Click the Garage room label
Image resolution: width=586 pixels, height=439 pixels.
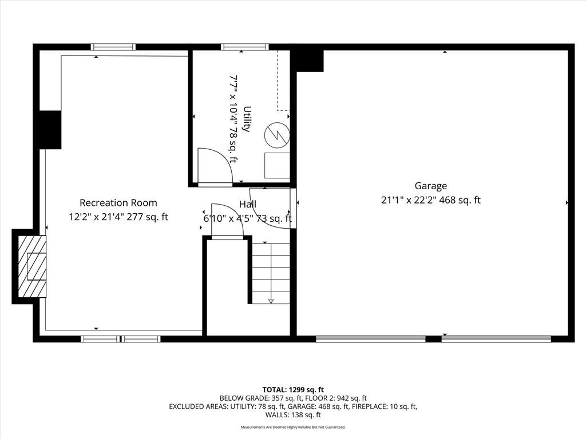[x=430, y=186]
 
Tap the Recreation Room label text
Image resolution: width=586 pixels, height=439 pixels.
[x=118, y=203]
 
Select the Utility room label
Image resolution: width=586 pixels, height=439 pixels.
[x=247, y=119]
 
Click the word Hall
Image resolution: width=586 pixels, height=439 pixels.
[x=248, y=204]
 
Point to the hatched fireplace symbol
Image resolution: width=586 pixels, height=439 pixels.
[x=32, y=266]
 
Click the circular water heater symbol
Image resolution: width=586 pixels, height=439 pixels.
[x=277, y=135]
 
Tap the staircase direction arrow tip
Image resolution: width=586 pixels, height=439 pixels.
[x=271, y=302]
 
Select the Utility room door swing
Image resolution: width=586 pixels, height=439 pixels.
[x=215, y=166]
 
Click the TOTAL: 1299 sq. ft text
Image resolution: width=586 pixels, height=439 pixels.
[x=293, y=390]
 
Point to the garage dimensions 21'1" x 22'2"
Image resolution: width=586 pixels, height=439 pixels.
[x=409, y=200]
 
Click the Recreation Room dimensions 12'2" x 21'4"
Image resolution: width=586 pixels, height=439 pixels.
[x=96, y=217]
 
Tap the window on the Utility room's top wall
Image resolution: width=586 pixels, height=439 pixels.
[x=245, y=47]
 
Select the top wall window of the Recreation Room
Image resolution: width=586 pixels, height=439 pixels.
[x=113, y=47]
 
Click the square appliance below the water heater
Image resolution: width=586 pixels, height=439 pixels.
[x=278, y=165]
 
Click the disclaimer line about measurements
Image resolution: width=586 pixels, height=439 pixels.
[x=293, y=427]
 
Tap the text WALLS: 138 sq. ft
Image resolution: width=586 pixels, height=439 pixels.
[x=293, y=415]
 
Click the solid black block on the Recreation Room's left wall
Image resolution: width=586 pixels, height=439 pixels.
[x=50, y=130]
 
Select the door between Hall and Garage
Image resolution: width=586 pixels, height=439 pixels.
[x=294, y=208]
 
